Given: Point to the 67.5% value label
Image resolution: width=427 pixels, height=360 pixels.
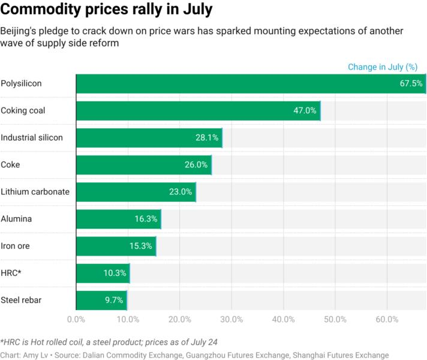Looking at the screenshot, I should click(x=411, y=83).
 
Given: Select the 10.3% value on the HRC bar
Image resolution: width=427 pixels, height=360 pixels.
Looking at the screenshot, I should click(x=115, y=273).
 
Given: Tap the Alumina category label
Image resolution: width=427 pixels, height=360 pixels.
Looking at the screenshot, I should click(x=16, y=219).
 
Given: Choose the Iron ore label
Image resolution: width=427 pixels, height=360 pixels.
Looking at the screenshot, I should click(x=16, y=246).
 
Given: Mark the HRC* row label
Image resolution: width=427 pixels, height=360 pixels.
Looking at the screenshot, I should click(x=11, y=273).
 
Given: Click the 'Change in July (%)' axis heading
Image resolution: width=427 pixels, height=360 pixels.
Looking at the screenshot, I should click(x=383, y=67).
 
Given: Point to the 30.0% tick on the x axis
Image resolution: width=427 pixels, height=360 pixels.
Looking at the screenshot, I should click(x=231, y=319).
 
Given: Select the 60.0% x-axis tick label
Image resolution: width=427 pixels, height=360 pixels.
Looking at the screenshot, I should click(x=387, y=319).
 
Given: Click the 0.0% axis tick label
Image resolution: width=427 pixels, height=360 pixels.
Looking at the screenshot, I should click(x=76, y=319).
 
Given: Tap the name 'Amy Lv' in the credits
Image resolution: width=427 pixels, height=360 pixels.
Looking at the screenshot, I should click(x=35, y=355).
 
